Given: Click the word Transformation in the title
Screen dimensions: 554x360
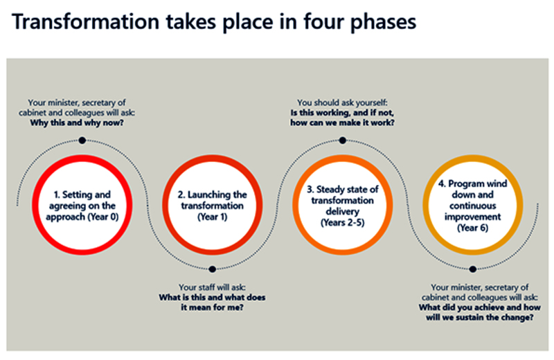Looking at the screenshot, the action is point(85,21).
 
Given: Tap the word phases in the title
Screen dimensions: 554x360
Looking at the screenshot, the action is point(383,23).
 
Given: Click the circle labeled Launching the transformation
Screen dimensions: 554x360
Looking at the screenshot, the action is point(165,205).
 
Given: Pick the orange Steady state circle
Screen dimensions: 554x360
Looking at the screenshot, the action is point(296,205).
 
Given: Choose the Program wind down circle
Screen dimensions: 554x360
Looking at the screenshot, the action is point(426,205).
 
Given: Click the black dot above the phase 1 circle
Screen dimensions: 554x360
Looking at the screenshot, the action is point(82,141).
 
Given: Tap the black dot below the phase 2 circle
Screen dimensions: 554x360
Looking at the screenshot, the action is point(213,269).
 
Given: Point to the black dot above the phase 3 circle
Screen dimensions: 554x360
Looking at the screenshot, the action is point(342,141).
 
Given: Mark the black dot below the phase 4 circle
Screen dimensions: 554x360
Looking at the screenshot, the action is point(473,269).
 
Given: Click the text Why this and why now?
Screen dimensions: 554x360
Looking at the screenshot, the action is point(77,123).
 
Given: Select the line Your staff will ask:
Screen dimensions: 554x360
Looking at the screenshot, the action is point(212,287).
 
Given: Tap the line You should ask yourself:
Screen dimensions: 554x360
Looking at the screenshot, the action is point(342,102).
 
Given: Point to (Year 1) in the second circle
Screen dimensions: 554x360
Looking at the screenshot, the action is point(213,217).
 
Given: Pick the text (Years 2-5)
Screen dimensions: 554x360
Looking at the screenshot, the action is point(342,222).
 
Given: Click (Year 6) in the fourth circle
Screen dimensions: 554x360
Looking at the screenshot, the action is point(473,228).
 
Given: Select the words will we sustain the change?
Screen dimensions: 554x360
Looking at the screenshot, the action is point(479,317).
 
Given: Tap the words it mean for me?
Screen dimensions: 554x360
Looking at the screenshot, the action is point(212,307).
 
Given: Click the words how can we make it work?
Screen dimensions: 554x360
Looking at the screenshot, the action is point(342,123).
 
